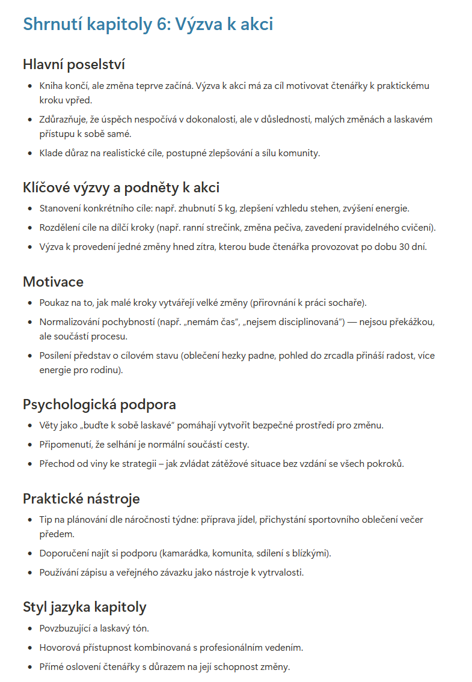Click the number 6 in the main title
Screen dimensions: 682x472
tap(161, 24)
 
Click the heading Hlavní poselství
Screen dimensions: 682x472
tap(74, 64)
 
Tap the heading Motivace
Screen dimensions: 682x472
tap(53, 282)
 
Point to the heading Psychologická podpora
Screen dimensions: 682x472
tap(99, 404)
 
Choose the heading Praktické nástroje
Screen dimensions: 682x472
tap(81, 499)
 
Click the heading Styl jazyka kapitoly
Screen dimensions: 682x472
tap(84, 607)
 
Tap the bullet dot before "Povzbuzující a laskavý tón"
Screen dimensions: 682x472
tap(31, 629)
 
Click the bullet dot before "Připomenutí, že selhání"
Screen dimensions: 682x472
tap(31, 445)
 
